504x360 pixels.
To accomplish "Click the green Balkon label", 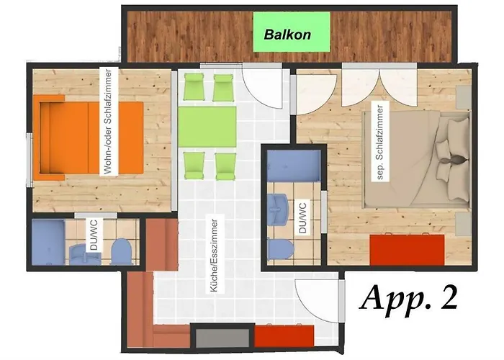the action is click(x=292, y=32).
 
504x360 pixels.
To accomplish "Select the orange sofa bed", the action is click(x=88, y=138).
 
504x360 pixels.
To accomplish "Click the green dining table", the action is click(x=207, y=127).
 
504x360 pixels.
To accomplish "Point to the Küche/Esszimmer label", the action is click(x=215, y=256).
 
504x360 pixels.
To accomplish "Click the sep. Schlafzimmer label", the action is click(x=380, y=142).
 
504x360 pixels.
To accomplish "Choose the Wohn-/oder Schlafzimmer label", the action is click(x=109, y=122).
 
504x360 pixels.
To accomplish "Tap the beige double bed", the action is click(x=417, y=159).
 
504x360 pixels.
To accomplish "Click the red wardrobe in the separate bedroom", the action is click(x=407, y=250).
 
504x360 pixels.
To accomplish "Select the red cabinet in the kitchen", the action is click(x=284, y=336).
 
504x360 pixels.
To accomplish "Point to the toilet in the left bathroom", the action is click(x=121, y=251).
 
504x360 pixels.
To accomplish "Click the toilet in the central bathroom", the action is click(x=280, y=250).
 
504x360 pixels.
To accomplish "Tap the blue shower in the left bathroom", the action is click(x=48, y=242).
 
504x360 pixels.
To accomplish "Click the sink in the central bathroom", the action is click(x=279, y=209).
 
